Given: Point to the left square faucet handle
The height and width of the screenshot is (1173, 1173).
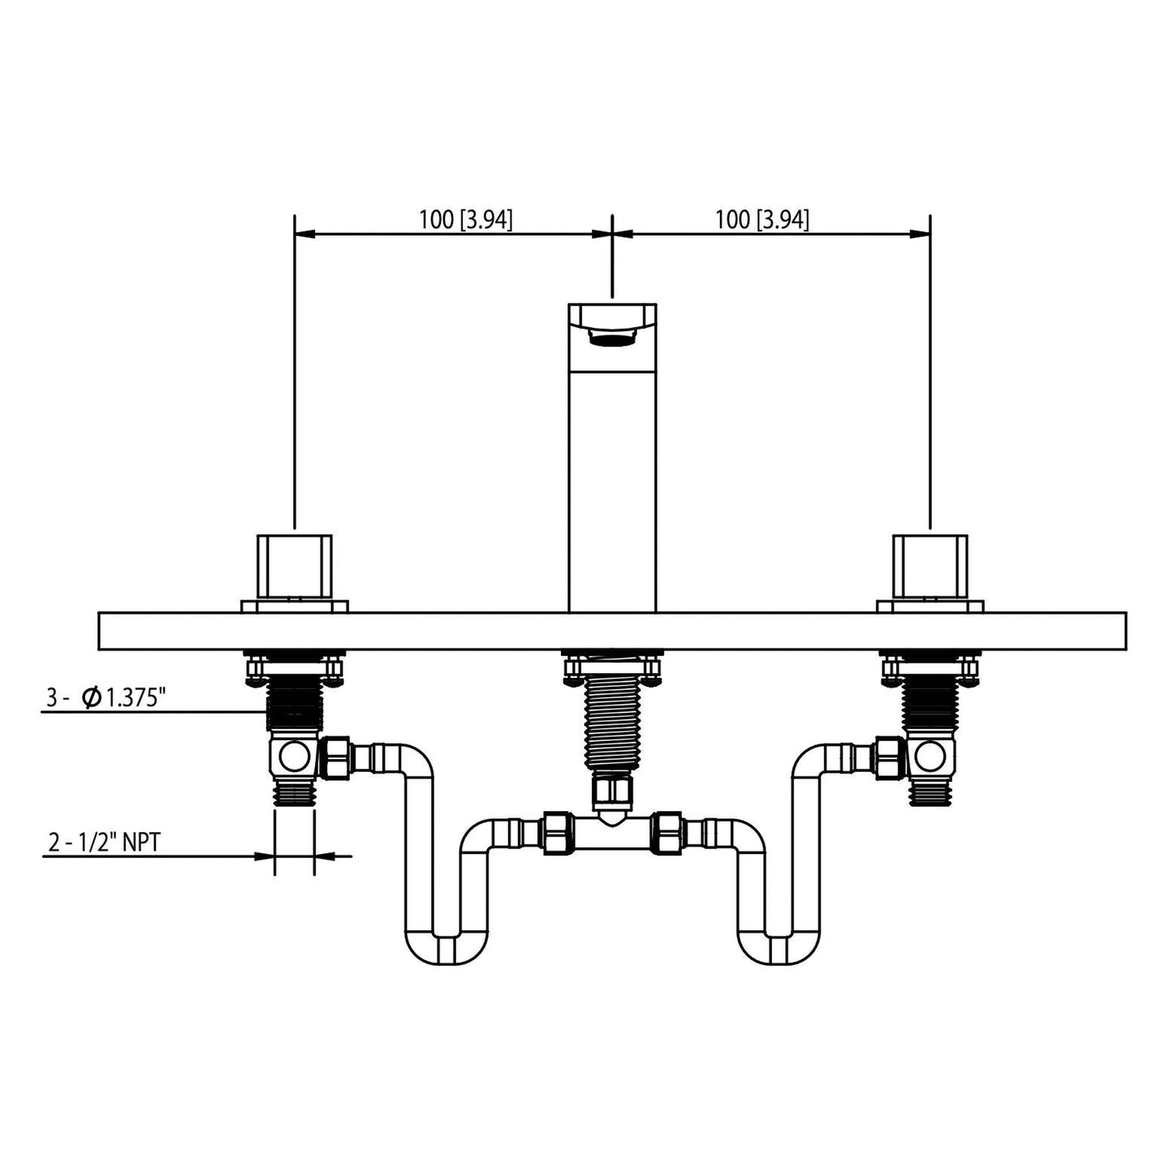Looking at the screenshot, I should pos(294,567).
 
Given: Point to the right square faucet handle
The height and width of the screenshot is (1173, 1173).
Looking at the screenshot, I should pos(929,567).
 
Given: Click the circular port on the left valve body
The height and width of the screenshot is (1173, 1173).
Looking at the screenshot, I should pos(291,759).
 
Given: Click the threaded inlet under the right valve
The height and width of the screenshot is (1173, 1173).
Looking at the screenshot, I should pos(929,792).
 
